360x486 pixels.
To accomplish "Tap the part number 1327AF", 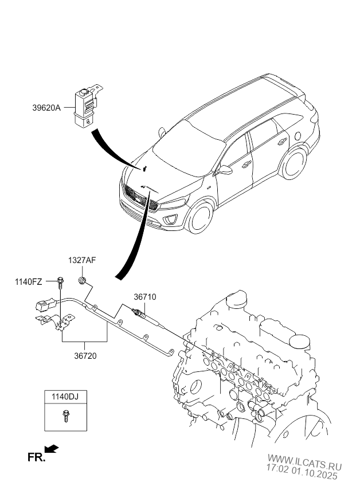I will [x=83, y=260].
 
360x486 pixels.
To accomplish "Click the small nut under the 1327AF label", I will [x=83, y=280].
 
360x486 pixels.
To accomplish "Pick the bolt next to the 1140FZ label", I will [x=60, y=281].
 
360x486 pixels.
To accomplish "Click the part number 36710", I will [x=145, y=297].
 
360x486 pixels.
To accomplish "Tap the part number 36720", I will [x=85, y=355].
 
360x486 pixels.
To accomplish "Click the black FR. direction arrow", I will [x=52, y=449].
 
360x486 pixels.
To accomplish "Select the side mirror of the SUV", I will [x=226, y=170].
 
